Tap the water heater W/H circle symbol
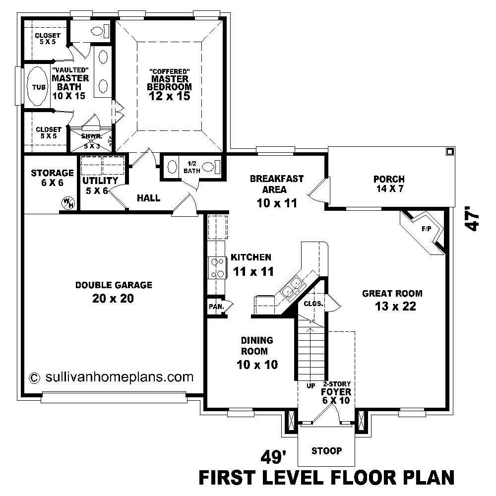point(66,202)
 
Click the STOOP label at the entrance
point(326,451)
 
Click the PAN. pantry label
point(216,307)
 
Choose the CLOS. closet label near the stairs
point(313,303)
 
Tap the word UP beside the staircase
point(311,385)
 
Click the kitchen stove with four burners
point(217,267)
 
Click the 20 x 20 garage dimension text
point(113,298)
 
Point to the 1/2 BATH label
point(191,167)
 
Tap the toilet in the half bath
point(214,166)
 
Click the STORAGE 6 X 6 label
point(52,178)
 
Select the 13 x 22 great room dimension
point(395,306)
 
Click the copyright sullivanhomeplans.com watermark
point(112,377)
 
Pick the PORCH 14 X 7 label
point(389,184)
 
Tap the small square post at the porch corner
point(449,151)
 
